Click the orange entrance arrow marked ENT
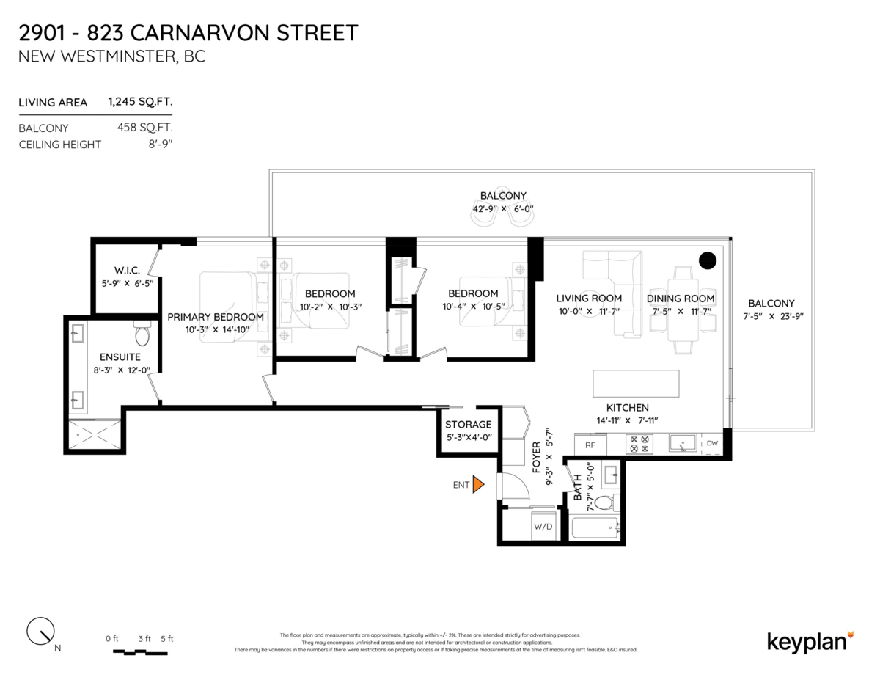coord(478,484)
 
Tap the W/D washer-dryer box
coord(543,527)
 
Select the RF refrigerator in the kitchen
coord(589,444)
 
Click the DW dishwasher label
coord(712,443)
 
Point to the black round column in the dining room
coord(708,260)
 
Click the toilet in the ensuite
coord(142,335)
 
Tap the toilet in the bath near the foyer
coord(606,503)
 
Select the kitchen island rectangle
coord(636,384)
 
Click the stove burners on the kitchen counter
coord(638,444)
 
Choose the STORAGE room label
coord(468,425)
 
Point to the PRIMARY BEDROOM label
coord(216,317)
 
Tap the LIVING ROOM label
coord(589,299)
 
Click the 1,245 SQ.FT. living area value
coord(140,103)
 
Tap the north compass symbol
coord(40,631)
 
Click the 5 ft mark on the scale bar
coord(166,639)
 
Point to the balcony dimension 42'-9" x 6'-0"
coord(503,209)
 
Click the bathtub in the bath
coord(593,528)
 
